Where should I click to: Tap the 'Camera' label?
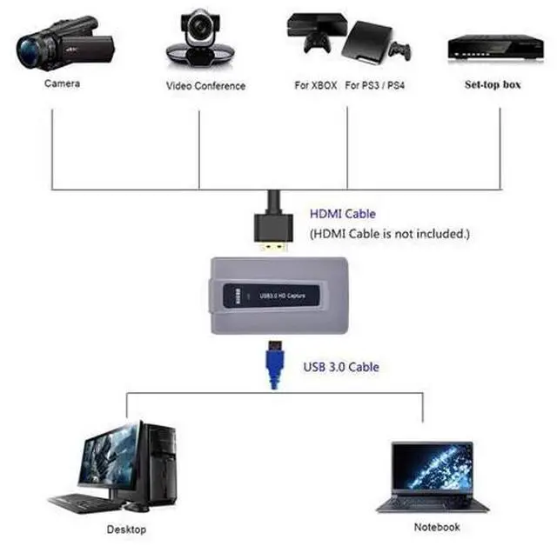tap(62, 83)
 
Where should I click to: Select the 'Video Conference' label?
tap(205, 86)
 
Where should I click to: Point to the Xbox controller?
tap(317, 43)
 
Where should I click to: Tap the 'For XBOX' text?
tap(316, 85)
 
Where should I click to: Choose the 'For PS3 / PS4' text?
tap(375, 85)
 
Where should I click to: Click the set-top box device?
tap(495, 47)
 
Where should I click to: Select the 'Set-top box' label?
tap(493, 84)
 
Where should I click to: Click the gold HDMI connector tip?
tap(273, 247)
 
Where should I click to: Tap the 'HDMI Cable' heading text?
tap(343, 214)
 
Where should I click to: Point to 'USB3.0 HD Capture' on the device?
tap(282, 296)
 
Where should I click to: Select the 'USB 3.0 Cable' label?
tap(341, 367)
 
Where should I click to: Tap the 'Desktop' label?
tap(126, 529)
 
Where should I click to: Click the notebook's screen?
tap(433, 467)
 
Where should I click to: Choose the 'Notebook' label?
tap(437, 527)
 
